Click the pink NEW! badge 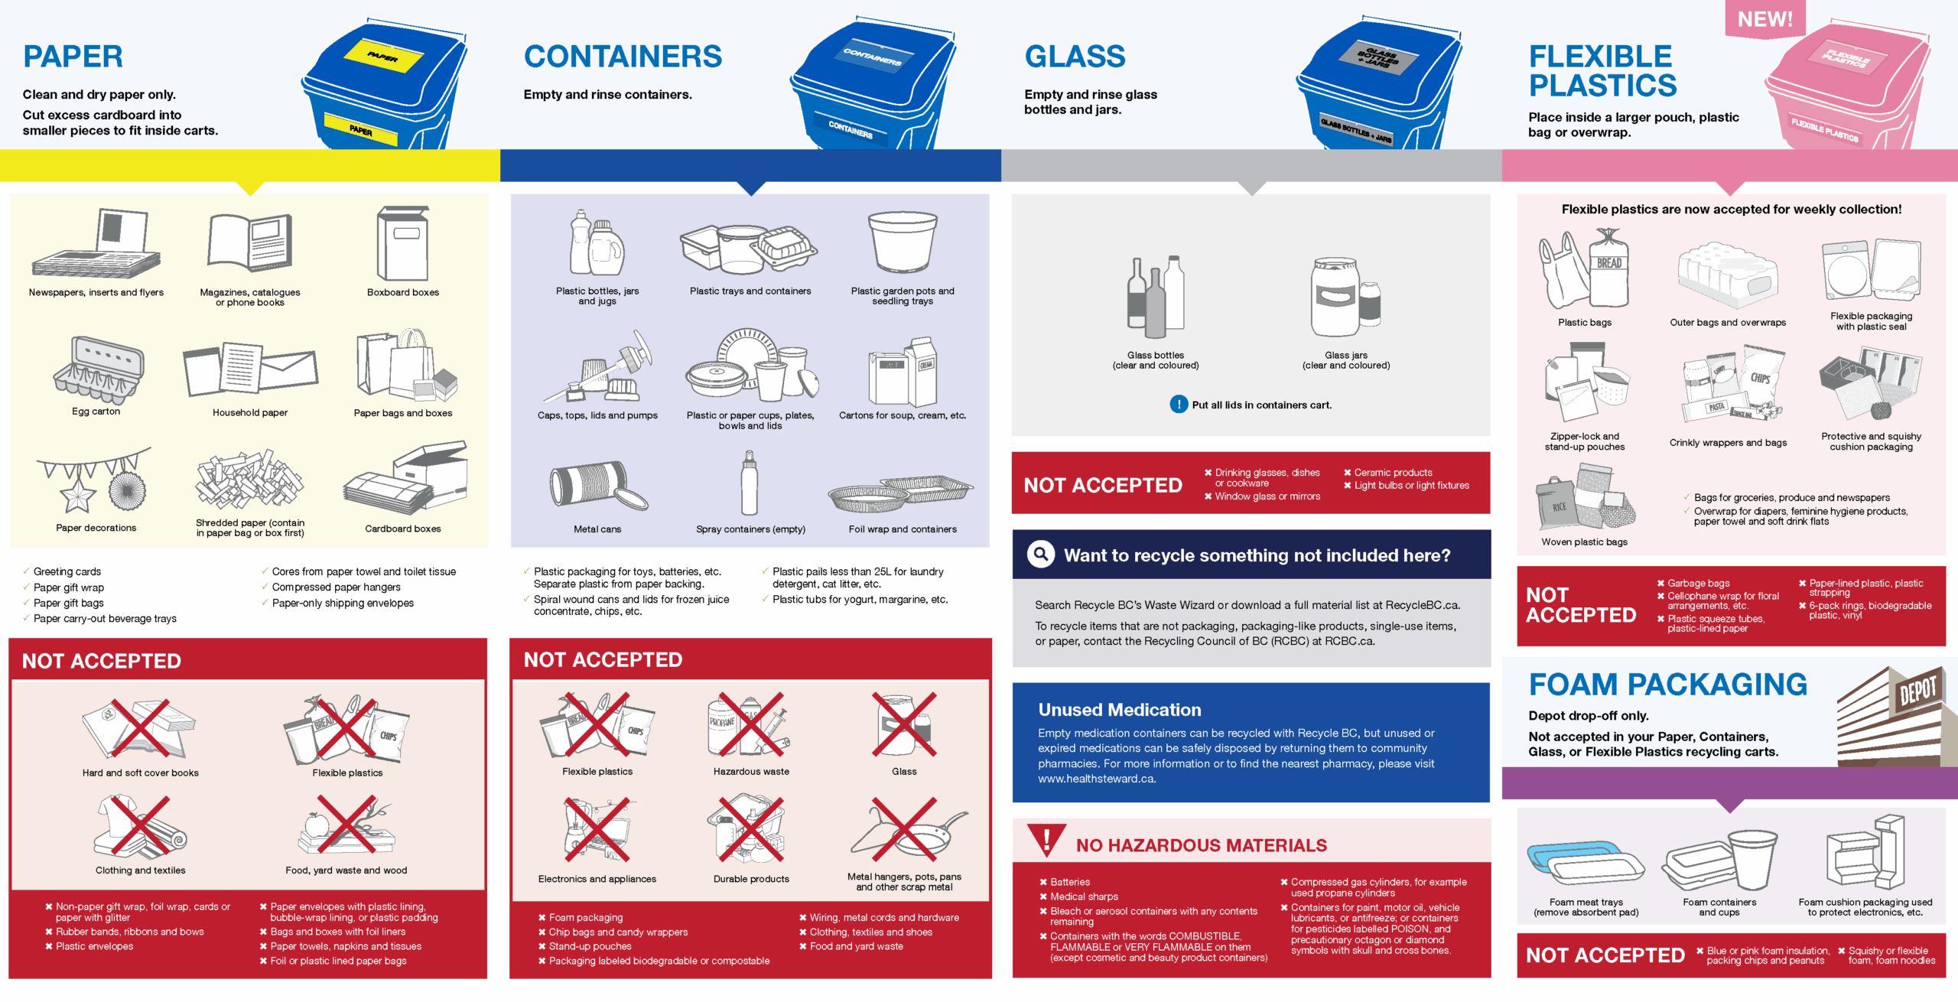[1764, 18]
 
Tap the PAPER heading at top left [73, 57]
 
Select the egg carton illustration [98, 370]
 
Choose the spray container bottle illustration [750, 483]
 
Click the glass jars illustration [1346, 298]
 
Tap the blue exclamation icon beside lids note [1179, 405]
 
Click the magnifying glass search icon [1041, 555]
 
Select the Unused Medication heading [1120, 710]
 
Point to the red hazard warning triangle [1047, 840]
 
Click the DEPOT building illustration [1897, 717]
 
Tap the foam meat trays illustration [1585, 868]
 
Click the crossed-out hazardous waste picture [750, 727]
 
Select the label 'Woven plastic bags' [1584, 542]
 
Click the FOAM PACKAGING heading [1667, 685]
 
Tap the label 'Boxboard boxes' [403, 292]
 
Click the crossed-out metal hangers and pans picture [907, 831]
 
